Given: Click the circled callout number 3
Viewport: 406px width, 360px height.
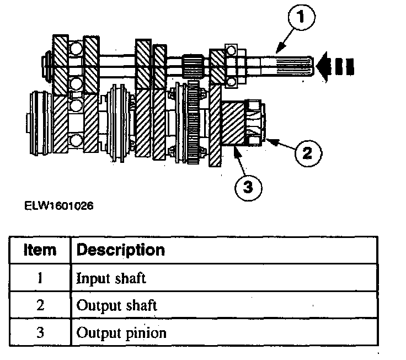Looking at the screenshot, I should click(x=248, y=187).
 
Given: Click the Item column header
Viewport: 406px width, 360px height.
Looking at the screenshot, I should click(x=40, y=250).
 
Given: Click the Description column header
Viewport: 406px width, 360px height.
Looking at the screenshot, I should click(x=120, y=250).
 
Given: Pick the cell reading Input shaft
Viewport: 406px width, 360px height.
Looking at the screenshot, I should click(x=111, y=278).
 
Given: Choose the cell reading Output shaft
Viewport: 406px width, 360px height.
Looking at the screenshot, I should click(x=116, y=305).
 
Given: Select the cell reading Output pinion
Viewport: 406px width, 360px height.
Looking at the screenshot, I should click(x=121, y=333).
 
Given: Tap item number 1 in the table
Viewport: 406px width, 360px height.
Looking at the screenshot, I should click(x=40, y=278).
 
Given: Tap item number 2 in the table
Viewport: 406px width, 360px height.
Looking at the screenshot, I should click(x=40, y=305).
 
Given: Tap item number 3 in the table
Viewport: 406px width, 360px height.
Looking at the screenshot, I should click(x=40, y=333).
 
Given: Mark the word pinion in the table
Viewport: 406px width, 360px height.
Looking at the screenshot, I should click(x=148, y=333).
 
